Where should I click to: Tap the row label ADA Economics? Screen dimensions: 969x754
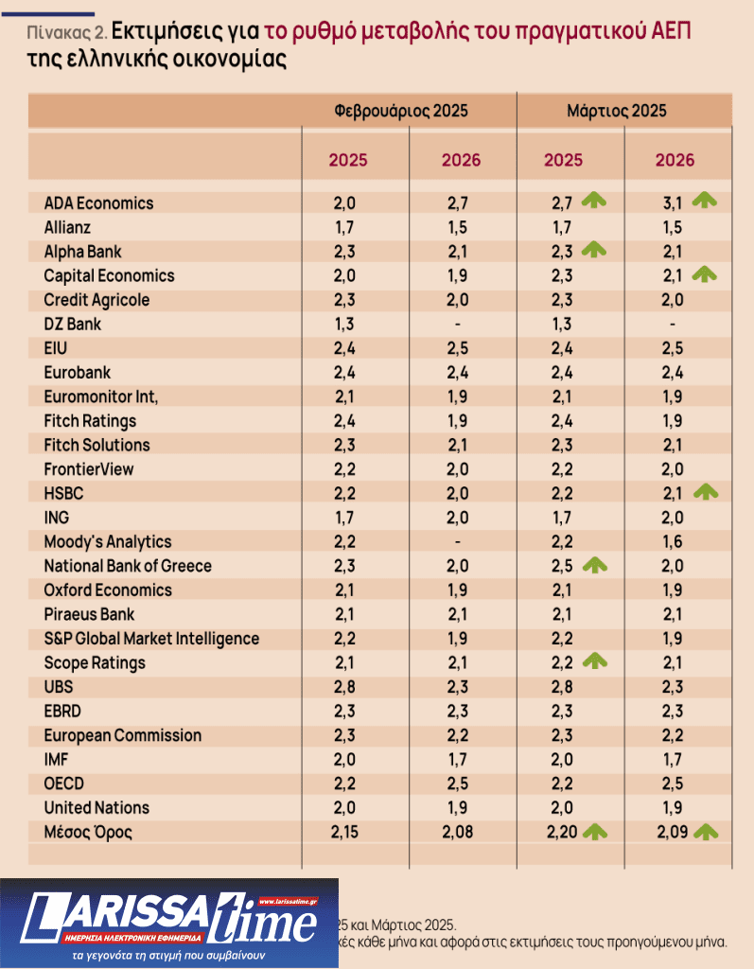pyautogui.click(x=98, y=203)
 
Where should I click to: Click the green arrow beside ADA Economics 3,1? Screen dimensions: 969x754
pyautogui.click(x=705, y=200)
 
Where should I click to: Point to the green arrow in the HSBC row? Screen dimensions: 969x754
pyautogui.click(x=705, y=491)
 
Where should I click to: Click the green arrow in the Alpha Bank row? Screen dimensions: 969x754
pyautogui.click(x=593, y=250)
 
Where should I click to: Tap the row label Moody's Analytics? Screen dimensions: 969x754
pyautogui.click(x=108, y=541)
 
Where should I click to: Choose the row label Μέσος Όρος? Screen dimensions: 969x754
pyautogui.click(x=88, y=833)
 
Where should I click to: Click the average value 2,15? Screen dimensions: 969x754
pyautogui.click(x=348, y=834)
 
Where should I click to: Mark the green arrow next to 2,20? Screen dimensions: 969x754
pyautogui.click(x=593, y=832)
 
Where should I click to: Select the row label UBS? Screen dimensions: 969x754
pyautogui.click(x=59, y=687)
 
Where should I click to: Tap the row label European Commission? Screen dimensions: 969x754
pyautogui.click(x=122, y=735)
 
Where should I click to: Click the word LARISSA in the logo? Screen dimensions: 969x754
pyautogui.click(x=123, y=916)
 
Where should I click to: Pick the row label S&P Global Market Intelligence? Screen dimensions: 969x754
pyautogui.click(x=151, y=639)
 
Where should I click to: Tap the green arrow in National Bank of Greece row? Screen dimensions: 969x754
pyautogui.click(x=593, y=564)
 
